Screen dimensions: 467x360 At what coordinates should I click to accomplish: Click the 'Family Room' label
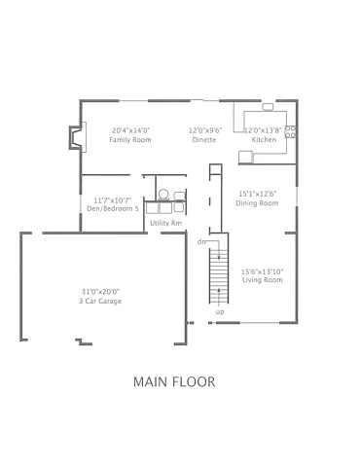[x=129, y=140]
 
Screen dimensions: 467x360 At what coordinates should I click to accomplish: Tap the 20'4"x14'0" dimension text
[x=129, y=129]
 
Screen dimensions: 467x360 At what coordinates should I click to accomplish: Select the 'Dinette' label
[x=204, y=140]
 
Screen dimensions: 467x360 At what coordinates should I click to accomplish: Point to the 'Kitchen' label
[x=265, y=140]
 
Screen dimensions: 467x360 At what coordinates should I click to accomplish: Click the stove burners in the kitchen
[x=290, y=132]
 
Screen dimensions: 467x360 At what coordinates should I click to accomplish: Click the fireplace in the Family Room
[x=72, y=137]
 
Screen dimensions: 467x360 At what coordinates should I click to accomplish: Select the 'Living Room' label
[x=262, y=280]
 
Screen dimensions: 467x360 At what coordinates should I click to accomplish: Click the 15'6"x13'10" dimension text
[x=262, y=270]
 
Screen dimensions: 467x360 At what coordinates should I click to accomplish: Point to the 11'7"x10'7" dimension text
[x=109, y=200]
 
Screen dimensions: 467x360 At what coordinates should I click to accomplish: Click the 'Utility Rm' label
[x=165, y=223]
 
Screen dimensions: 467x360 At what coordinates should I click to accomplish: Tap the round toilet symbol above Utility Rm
[x=164, y=193]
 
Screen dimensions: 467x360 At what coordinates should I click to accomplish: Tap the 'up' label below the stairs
[x=220, y=312]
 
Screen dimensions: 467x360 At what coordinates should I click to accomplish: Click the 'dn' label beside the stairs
[x=201, y=240]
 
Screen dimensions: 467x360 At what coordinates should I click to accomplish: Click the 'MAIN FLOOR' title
[x=174, y=381]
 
